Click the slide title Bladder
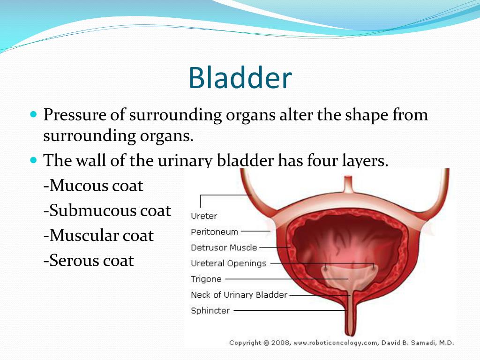(240, 78)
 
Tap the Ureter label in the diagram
(204, 216)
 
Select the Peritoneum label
(214, 232)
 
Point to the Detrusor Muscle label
(224, 247)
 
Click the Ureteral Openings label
(228, 263)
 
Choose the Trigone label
(206, 279)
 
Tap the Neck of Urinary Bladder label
(239, 295)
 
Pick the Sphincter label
(210, 311)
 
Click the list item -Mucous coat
(93, 186)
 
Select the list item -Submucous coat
(107, 210)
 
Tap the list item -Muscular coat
(98, 236)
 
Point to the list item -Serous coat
(89, 261)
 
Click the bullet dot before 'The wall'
(34, 160)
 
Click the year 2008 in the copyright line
(280, 343)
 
